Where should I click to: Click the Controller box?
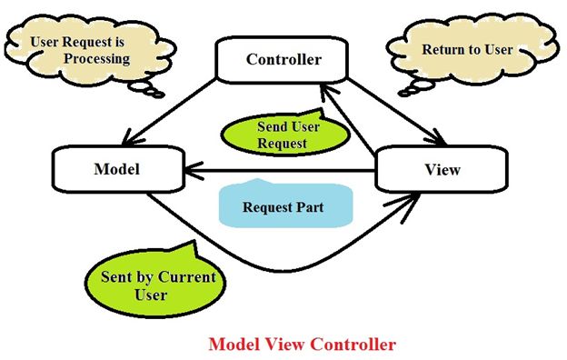283,60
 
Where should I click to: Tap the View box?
443,170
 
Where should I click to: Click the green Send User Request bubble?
283,135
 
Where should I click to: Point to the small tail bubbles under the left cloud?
151,89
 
